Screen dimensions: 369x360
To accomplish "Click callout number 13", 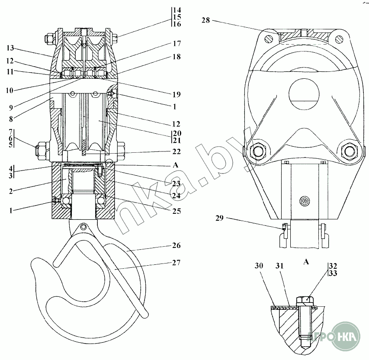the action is pos(10,48).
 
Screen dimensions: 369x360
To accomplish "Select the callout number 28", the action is pos(205,20).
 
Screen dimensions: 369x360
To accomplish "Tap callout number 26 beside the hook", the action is pos(176,245).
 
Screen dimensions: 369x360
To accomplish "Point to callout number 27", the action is pos(176,262).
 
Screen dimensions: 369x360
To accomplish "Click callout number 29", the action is pos(220,218).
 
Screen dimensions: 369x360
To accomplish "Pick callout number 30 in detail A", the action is pos(259,266).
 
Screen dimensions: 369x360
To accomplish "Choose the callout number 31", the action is pos(279,266).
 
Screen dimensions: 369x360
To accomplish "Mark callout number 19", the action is pos(176,94).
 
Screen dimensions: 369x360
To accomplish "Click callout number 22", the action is pos(176,151).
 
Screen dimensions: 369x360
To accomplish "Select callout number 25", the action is pos(176,211).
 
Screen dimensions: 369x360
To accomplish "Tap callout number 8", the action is pos(11,119).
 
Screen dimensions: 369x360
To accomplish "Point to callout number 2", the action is pos(11,191).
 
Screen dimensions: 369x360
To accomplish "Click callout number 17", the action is pos(177,44).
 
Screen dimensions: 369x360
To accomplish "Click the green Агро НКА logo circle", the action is pos(346,336).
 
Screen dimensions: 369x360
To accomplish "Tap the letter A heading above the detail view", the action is pos(306,262).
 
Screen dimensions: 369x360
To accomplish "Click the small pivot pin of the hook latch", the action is pos(83,226).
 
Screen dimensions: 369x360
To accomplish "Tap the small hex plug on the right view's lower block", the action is pos(305,201).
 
